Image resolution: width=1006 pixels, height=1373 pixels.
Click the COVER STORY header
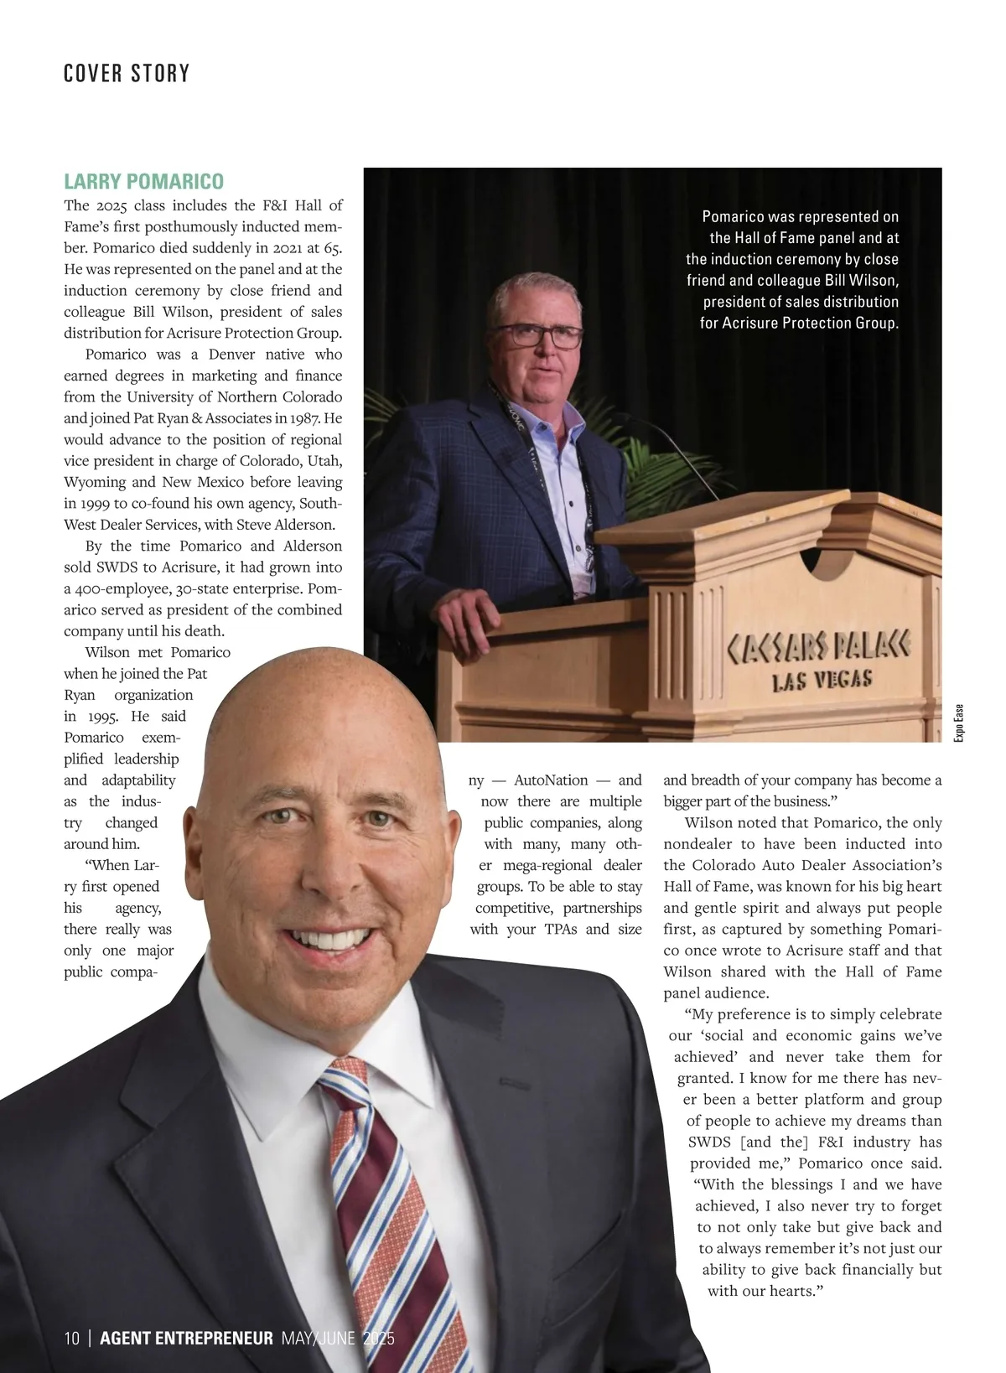tap(127, 74)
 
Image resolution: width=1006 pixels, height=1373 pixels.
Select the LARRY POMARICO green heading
tap(143, 182)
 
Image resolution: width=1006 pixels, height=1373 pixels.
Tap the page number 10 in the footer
tap(71, 1338)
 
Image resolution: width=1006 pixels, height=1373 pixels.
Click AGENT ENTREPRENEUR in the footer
tap(186, 1338)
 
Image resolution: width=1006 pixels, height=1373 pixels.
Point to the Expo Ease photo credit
tap(959, 722)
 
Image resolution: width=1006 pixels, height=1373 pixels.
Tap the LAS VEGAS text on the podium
tap(822, 680)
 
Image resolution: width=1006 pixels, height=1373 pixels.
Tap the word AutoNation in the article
tap(551, 780)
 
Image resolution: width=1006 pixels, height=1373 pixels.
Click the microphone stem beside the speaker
tap(679, 461)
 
